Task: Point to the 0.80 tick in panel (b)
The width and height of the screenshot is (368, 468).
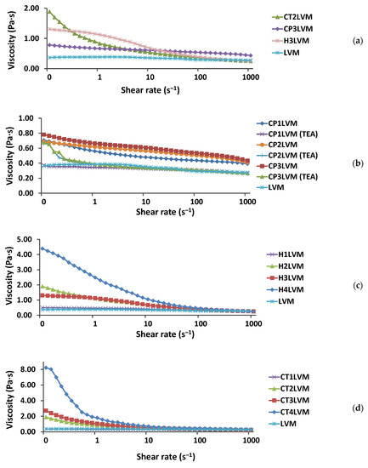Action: (31, 134)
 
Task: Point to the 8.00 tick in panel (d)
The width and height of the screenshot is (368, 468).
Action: (31, 369)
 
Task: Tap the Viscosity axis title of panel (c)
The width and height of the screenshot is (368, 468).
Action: (9, 272)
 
